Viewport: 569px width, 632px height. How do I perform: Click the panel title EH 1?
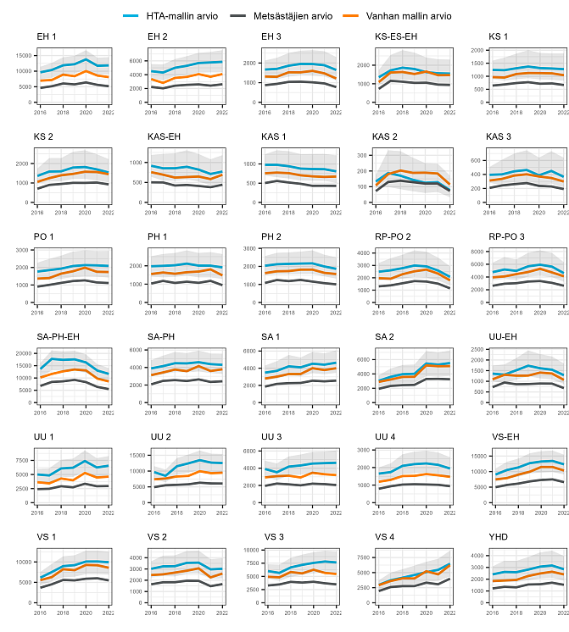(47, 36)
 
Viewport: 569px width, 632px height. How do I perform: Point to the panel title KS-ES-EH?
(396, 36)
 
